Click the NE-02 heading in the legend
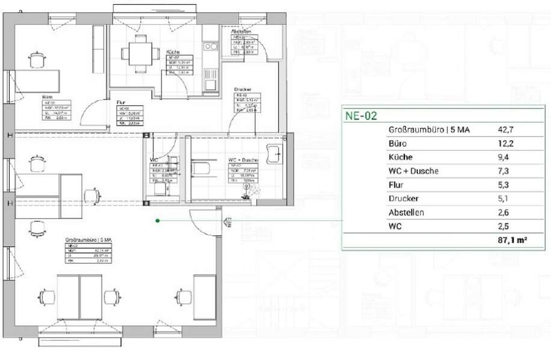(x=361, y=116)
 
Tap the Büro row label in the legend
(x=398, y=144)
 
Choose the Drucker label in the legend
(x=404, y=198)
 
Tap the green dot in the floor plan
(x=158, y=221)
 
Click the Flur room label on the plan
(x=121, y=102)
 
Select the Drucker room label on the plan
(x=242, y=89)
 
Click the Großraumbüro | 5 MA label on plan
(x=84, y=240)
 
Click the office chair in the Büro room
(x=38, y=59)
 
